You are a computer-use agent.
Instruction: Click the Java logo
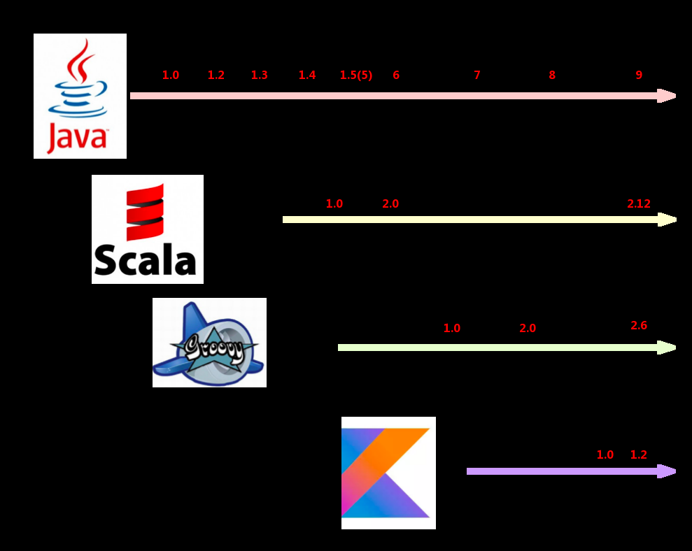point(80,96)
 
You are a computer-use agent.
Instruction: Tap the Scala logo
point(148,229)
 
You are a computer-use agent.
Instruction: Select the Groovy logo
point(209,343)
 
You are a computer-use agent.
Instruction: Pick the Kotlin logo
point(388,473)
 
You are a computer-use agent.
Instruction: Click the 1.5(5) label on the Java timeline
point(356,76)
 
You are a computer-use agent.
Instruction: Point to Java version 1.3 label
point(259,76)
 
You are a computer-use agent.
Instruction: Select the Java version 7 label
point(477,76)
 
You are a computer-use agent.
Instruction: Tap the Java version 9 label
point(639,76)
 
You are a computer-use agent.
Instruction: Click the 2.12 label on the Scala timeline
point(639,204)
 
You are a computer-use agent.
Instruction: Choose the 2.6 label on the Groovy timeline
point(639,326)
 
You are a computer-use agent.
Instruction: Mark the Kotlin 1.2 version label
point(639,455)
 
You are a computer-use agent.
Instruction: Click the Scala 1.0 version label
point(334,204)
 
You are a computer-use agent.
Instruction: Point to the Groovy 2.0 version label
point(528,329)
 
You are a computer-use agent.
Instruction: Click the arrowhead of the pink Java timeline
point(668,96)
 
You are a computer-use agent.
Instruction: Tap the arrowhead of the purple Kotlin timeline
point(668,471)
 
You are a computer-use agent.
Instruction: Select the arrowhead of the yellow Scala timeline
point(668,220)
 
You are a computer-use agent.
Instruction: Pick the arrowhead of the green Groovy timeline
point(668,348)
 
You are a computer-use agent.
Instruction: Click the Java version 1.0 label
point(171,76)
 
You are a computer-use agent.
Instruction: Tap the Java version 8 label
point(552,76)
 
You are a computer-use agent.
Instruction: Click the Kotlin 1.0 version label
point(605,455)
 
